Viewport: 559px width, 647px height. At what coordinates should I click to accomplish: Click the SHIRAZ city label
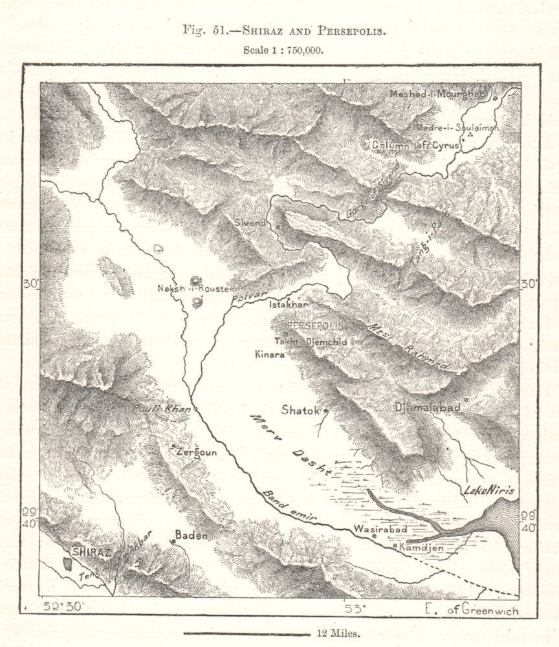pyautogui.click(x=91, y=552)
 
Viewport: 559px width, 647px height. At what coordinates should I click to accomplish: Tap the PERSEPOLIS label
pyautogui.click(x=315, y=325)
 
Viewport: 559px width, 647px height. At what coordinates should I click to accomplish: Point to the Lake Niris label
pyautogui.click(x=490, y=491)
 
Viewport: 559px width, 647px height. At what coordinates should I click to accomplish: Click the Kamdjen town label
pyautogui.click(x=422, y=548)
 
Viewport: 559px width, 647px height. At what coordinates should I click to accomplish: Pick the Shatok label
pyautogui.click(x=301, y=410)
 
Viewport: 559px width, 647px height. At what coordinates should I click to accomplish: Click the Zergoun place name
pyautogui.click(x=196, y=453)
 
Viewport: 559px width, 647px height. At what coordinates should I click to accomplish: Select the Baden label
pyautogui.click(x=192, y=535)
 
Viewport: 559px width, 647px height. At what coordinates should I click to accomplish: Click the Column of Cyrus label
pyautogui.click(x=415, y=146)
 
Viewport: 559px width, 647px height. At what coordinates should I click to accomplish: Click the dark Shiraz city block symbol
pyautogui.click(x=67, y=562)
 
